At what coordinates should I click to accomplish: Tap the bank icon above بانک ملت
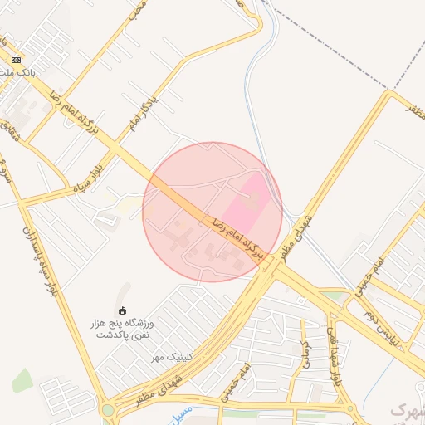[x=17, y=60]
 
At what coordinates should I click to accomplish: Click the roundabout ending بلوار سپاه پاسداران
[x=107, y=409]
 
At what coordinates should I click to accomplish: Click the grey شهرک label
[x=407, y=410]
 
